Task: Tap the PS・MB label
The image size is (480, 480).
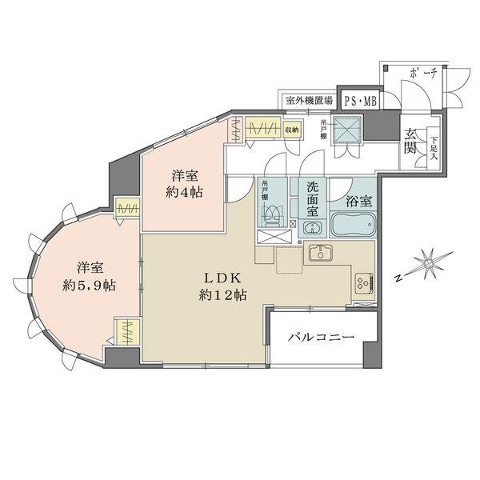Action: (360, 100)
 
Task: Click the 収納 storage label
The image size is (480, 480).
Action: (291, 130)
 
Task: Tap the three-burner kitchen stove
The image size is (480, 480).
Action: (363, 282)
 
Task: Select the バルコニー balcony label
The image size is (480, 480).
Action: (321, 338)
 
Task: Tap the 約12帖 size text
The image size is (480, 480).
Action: (223, 295)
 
